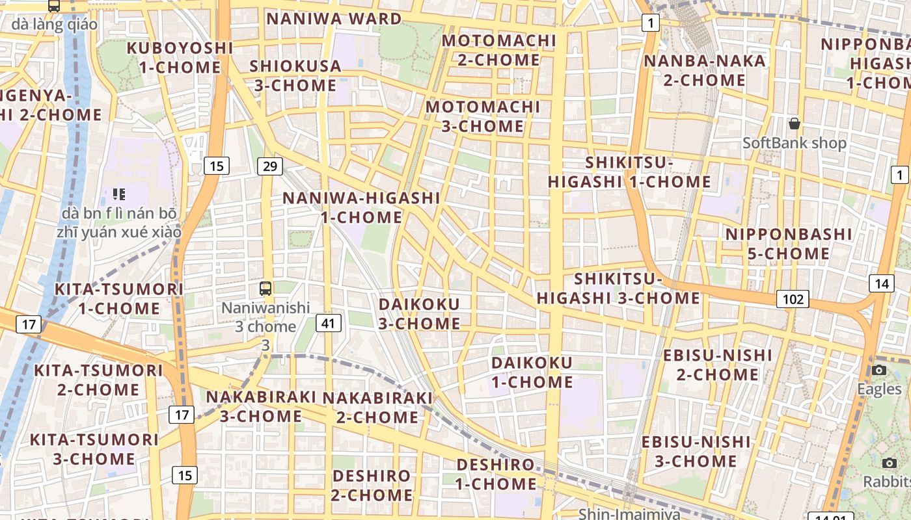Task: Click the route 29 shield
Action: coord(269,166)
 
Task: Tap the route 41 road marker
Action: coord(329,322)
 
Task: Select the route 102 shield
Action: coord(793,299)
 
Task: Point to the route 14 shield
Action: coord(881,283)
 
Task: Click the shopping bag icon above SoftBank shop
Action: coord(794,123)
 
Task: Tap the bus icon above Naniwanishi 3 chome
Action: coord(265,288)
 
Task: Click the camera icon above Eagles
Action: coord(879,370)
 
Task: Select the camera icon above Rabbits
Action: coord(890,463)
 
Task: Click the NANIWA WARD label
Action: coord(334,18)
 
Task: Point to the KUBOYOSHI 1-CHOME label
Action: coord(180,57)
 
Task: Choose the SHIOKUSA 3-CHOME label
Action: coord(295,75)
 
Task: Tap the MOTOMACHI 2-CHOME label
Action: coord(499,50)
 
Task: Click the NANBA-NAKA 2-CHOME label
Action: coord(705,70)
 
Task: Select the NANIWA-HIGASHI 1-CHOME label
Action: coord(361,207)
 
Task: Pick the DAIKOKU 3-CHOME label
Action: coord(419,313)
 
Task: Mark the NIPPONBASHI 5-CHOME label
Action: coord(789,243)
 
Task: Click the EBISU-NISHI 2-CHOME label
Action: coord(718,365)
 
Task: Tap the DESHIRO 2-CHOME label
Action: coord(372,485)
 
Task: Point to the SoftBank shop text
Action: coord(795,143)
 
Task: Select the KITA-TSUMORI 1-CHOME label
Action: coord(118,298)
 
